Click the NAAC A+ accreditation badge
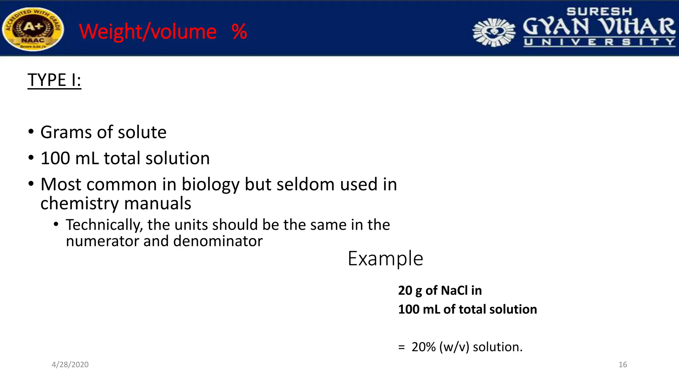33,29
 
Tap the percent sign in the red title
239,32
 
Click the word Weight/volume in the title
148,32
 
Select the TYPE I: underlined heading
54,80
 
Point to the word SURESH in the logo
599,12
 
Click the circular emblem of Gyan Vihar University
494,32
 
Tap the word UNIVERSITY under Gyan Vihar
599,42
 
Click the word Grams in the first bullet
66,132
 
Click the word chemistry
79,203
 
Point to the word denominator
218,241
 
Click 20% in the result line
423,347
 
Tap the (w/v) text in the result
454,347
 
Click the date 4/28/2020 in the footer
70,365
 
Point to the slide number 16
623,365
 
